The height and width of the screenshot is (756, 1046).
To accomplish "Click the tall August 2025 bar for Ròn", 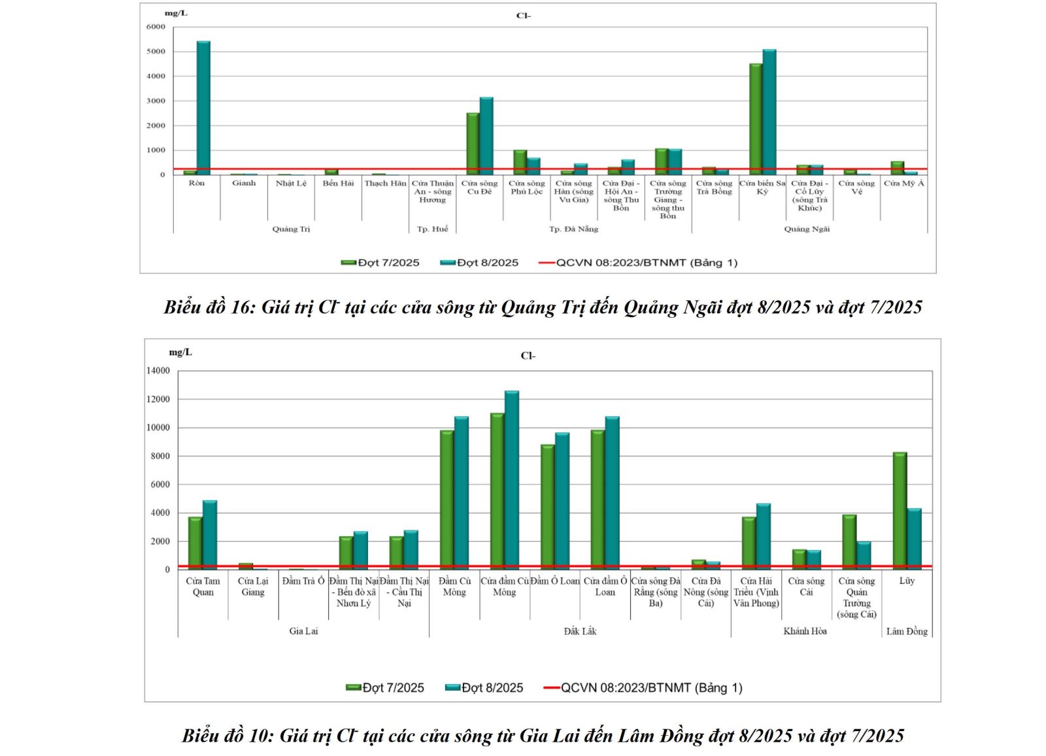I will pyautogui.click(x=203, y=108).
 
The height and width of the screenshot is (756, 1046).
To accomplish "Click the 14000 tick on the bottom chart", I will pyautogui.click(x=158, y=371).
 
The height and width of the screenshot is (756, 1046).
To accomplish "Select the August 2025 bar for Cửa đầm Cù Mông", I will pyautogui.click(x=511, y=480).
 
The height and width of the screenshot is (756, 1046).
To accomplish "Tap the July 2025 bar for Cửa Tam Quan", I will pyautogui.click(x=195, y=543).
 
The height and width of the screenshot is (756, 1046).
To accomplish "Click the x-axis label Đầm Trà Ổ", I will pyautogui.click(x=303, y=581).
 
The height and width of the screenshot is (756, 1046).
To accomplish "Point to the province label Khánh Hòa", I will pyautogui.click(x=805, y=631).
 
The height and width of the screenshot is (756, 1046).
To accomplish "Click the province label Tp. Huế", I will pyautogui.click(x=432, y=229).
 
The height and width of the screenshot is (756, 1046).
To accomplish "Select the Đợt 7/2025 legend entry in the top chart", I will pyautogui.click(x=380, y=263).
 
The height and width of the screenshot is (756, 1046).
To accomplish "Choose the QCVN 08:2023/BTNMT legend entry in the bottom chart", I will pyautogui.click(x=643, y=688).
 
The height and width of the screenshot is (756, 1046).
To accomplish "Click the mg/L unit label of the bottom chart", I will pyautogui.click(x=180, y=352).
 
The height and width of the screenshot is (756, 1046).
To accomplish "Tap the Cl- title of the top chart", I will pyautogui.click(x=523, y=16).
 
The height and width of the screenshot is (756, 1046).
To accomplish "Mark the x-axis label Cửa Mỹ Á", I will pyautogui.click(x=903, y=184).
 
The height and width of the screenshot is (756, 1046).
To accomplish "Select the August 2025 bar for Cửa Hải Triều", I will pyautogui.click(x=763, y=536).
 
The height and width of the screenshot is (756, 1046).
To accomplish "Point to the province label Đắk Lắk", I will pyautogui.click(x=580, y=631).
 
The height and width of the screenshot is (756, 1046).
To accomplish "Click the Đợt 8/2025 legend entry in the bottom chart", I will pyautogui.click(x=484, y=688).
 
